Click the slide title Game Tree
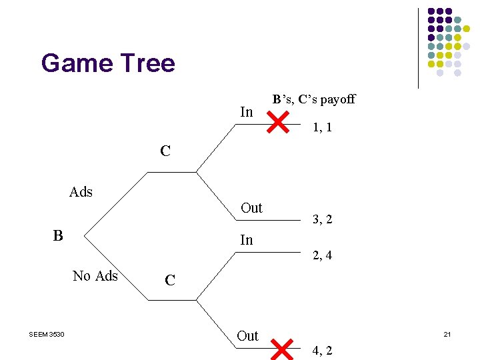108,63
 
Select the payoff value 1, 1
323,127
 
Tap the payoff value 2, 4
323,255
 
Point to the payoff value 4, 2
323,351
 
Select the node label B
59,235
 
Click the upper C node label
165,151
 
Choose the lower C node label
170,281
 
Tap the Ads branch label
81,193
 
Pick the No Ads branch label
95,276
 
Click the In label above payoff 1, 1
247,112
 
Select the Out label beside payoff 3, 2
251,208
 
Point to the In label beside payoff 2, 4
247,240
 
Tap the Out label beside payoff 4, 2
247,336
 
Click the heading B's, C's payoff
313,100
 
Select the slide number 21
447,334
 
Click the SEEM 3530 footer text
47,334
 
